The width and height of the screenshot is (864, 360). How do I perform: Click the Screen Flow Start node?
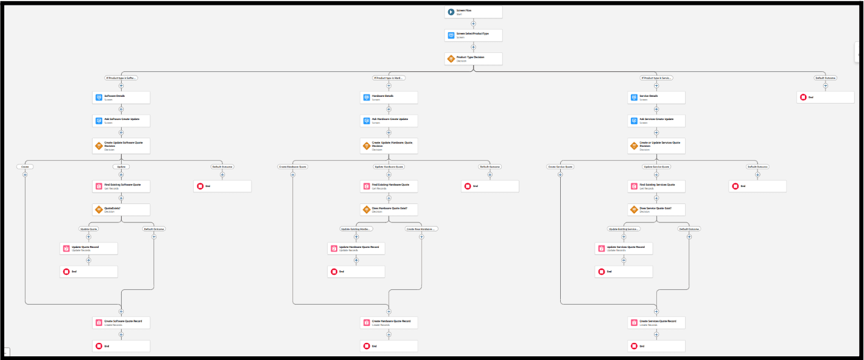[x=473, y=12]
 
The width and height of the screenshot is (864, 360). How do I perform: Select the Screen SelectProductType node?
[x=473, y=35]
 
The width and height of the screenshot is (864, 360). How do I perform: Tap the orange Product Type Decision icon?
[x=451, y=58]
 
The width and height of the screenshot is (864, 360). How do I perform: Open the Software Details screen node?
[x=121, y=97]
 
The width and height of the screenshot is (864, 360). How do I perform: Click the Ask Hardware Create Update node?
[x=388, y=121]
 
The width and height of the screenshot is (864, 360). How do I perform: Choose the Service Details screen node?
[x=656, y=97]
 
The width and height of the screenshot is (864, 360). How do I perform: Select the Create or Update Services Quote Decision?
[x=656, y=146]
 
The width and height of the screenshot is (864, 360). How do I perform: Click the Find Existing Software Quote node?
[x=121, y=186]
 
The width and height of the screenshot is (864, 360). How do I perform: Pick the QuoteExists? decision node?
[x=121, y=210]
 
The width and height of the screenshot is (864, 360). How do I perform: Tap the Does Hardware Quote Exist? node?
[x=388, y=210]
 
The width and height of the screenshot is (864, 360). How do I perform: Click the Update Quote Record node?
[x=88, y=249]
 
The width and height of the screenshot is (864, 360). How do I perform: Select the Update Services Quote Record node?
[x=623, y=249]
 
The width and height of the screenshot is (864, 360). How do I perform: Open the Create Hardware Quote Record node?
[x=388, y=322]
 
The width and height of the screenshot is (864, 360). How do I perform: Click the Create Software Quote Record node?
[x=121, y=322]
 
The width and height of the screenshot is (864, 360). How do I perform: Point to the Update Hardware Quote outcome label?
[x=388, y=166]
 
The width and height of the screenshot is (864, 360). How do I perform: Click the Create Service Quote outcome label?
[x=560, y=166]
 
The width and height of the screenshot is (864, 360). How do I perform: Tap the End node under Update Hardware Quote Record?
[x=356, y=272]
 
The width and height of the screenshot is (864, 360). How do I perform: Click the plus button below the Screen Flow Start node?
[x=473, y=24]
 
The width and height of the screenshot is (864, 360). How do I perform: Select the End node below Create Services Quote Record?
[x=656, y=346]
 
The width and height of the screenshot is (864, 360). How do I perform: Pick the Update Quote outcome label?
[x=89, y=229]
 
